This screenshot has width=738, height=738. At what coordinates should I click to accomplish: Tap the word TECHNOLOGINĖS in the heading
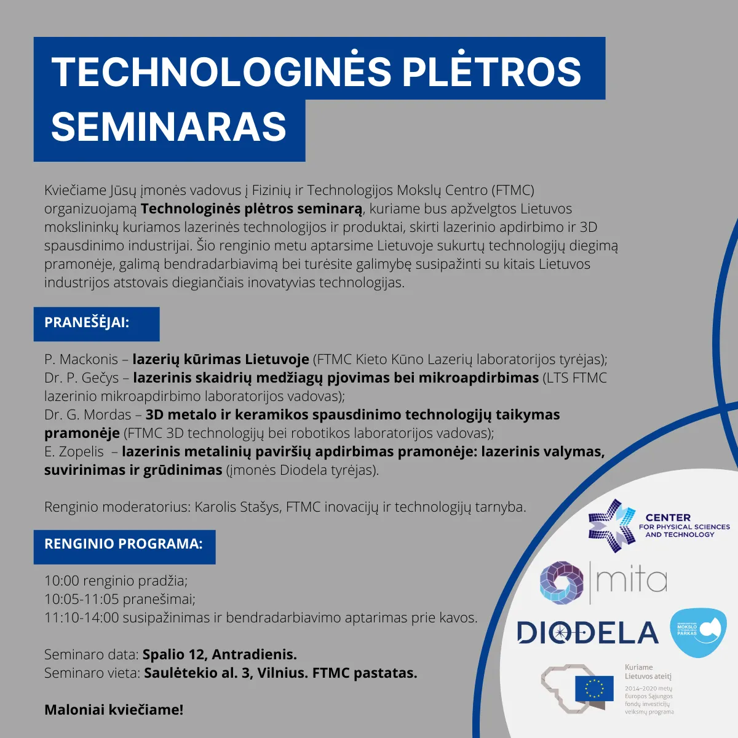221,71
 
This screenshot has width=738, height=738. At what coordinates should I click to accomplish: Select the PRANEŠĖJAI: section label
87,322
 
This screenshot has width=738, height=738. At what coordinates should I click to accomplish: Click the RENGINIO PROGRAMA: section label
124,544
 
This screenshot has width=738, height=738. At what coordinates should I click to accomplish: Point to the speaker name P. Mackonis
81,359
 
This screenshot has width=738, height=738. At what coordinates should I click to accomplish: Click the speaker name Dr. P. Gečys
82,378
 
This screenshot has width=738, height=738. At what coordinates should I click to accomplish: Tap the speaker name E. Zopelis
74,452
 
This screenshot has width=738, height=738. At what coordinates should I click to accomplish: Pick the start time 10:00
61,581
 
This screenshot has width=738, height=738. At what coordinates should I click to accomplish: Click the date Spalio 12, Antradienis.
220,655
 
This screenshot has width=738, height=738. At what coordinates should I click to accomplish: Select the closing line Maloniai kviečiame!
114,710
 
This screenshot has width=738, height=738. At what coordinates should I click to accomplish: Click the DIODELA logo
587,633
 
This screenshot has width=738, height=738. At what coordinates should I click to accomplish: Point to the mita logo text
632,581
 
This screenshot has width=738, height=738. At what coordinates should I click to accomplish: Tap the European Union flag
594,689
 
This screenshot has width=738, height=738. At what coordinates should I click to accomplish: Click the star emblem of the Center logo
611,525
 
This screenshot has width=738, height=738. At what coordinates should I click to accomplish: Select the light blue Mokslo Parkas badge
698,632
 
